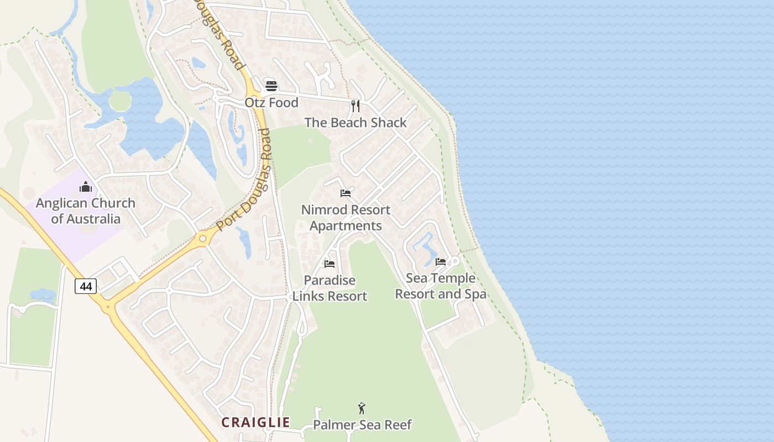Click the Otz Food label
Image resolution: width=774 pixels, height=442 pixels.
click(271, 103)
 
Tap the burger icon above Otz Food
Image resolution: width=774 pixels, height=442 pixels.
click(271, 86)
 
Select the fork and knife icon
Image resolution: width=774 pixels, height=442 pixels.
click(355, 106)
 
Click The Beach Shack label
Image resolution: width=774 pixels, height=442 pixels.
click(355, 123)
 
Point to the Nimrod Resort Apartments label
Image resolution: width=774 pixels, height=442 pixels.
click(346, 218)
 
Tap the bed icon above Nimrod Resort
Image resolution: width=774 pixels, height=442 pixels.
click(346, 193)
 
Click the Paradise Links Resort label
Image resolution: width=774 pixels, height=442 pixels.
click(330, 288)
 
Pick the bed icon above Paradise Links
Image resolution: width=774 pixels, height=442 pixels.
click(330, 264)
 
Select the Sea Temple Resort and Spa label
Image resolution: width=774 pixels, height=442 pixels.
click(441, 286)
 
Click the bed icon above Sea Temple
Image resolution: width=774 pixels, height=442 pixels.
click(441, 261)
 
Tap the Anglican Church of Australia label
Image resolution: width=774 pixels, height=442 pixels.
click(86, 211)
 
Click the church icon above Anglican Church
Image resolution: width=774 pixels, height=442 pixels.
click(86, 187)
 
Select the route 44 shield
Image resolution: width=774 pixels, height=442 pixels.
click(86, 286)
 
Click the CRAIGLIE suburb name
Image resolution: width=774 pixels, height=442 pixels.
click(255, 423)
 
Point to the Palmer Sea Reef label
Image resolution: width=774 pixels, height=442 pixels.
click(362, 425)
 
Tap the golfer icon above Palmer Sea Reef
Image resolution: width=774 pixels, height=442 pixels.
click(362, 408)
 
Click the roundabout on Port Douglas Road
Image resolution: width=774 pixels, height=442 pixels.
click(202, 239)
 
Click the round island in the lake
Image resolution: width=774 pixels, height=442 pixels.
click(120, 101)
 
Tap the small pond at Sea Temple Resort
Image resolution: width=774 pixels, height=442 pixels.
click(424, 248)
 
